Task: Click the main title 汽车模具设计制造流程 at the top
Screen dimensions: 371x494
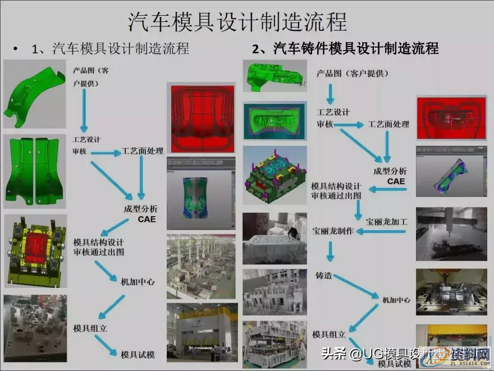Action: click(x=237, y=22)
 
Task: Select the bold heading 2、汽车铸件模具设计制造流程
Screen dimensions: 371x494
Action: click(x=345, y=49)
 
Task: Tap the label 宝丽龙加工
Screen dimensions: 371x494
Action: click(x=387, y=221)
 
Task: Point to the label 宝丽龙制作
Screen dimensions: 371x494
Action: click(x=333, y=231)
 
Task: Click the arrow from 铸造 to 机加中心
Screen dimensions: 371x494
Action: click(x=356, y=286)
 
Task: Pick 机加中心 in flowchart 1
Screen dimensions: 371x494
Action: click(x=138, y=281)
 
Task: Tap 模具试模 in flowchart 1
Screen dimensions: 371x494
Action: click(x=138, y=354)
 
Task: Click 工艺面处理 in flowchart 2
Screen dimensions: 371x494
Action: click(x=388, y=124)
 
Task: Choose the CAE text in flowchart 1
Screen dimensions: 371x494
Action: click(x=147, y=219)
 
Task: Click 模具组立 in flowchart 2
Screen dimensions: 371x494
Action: click(x=328, y=335)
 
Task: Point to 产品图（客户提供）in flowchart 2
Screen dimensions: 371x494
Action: click(x=351, y=73)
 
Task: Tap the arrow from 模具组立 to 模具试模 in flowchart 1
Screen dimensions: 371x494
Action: click(x=106, y=344)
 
